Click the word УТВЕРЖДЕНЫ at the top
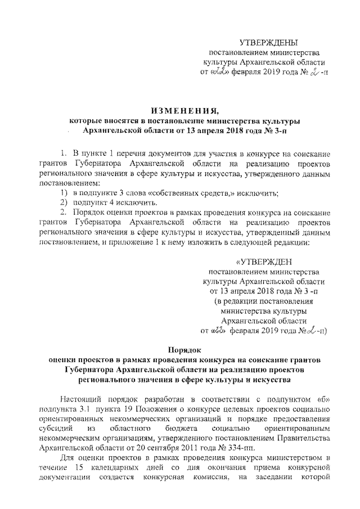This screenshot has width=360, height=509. [x=268, y=43]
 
